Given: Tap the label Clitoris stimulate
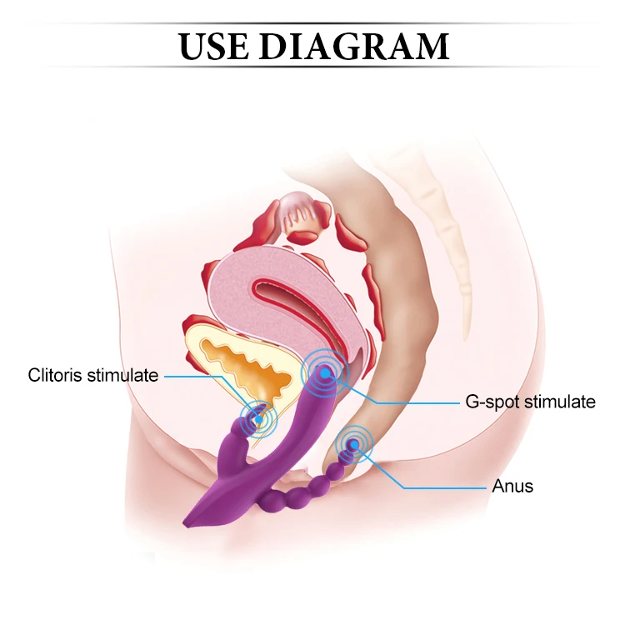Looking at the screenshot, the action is click(x=92, y=375).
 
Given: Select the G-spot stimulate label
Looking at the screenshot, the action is click(x=529, y=402).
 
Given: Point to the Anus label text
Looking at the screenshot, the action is click(x=512, y=486).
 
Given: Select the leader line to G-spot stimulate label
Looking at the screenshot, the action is click(x=417, y=402).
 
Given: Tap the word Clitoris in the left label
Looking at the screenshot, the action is click(x=57, y=375).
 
